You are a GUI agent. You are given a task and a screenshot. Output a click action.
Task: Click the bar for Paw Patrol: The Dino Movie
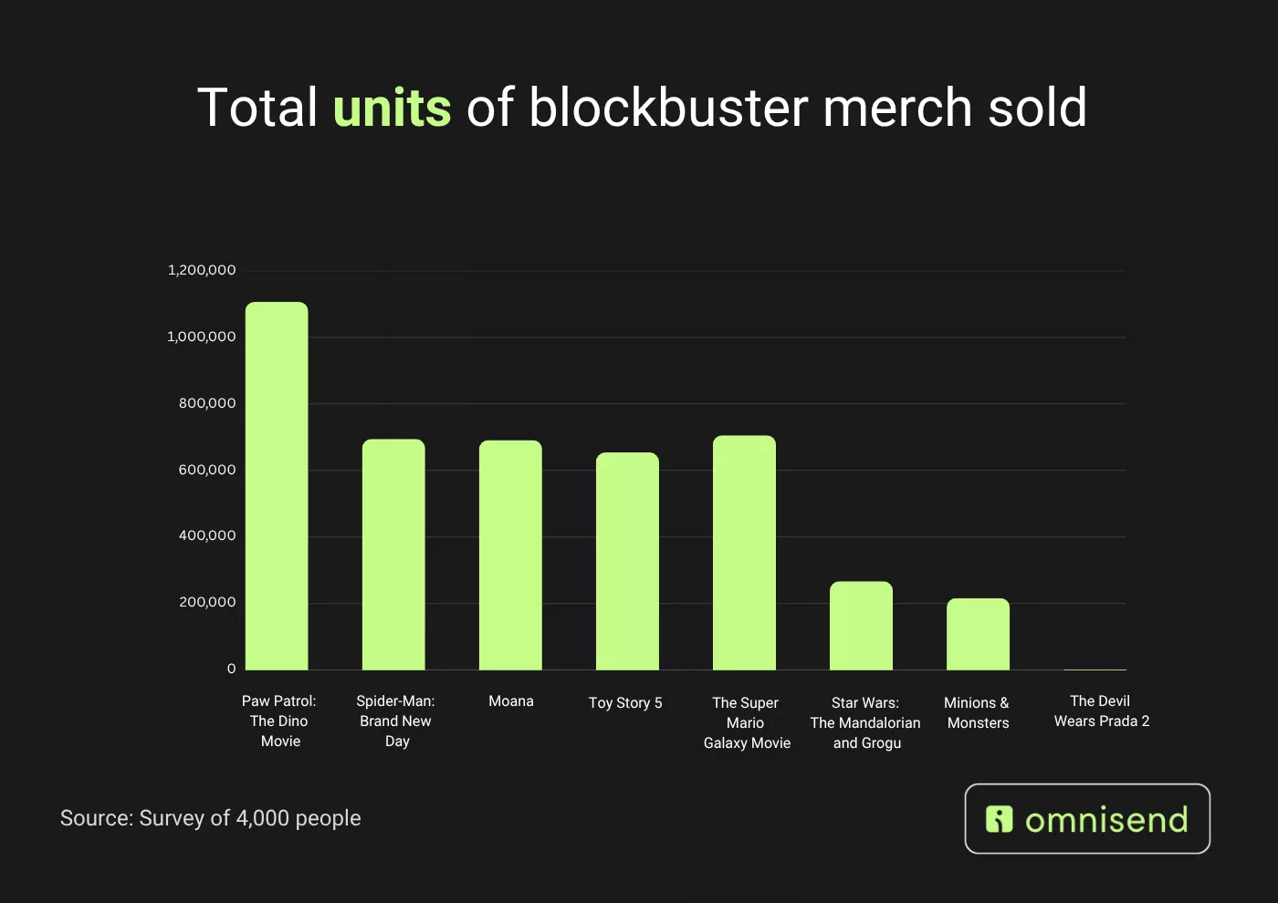277,486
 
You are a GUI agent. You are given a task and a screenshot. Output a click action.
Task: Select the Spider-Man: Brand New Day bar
393,555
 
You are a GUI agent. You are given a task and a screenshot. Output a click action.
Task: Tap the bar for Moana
510,555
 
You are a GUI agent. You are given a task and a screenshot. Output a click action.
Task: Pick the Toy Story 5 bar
627,561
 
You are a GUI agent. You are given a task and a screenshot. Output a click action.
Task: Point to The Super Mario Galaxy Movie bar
744,553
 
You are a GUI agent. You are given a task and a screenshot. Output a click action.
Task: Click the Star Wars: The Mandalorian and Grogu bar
861,626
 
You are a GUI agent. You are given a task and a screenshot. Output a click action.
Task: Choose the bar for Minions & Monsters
978,634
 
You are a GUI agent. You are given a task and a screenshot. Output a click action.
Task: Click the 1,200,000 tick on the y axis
202,270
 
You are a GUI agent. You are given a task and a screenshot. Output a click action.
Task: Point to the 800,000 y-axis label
207,403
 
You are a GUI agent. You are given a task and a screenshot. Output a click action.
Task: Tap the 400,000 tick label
207,535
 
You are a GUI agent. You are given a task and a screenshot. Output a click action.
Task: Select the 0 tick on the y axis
231,669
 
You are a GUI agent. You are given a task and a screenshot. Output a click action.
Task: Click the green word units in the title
392,108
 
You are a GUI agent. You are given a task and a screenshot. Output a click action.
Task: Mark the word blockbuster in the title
668,108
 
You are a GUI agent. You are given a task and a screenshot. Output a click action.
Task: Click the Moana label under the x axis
510,701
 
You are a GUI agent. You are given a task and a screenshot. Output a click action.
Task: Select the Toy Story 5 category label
625,703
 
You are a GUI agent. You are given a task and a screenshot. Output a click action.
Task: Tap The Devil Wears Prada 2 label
1101,711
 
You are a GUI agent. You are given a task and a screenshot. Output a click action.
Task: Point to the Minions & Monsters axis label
978,713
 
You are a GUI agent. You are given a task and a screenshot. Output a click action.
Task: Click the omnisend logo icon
1000,819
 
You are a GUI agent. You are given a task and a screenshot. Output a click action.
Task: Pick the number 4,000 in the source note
262,818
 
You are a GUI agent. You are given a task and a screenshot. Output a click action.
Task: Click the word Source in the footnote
96,818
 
